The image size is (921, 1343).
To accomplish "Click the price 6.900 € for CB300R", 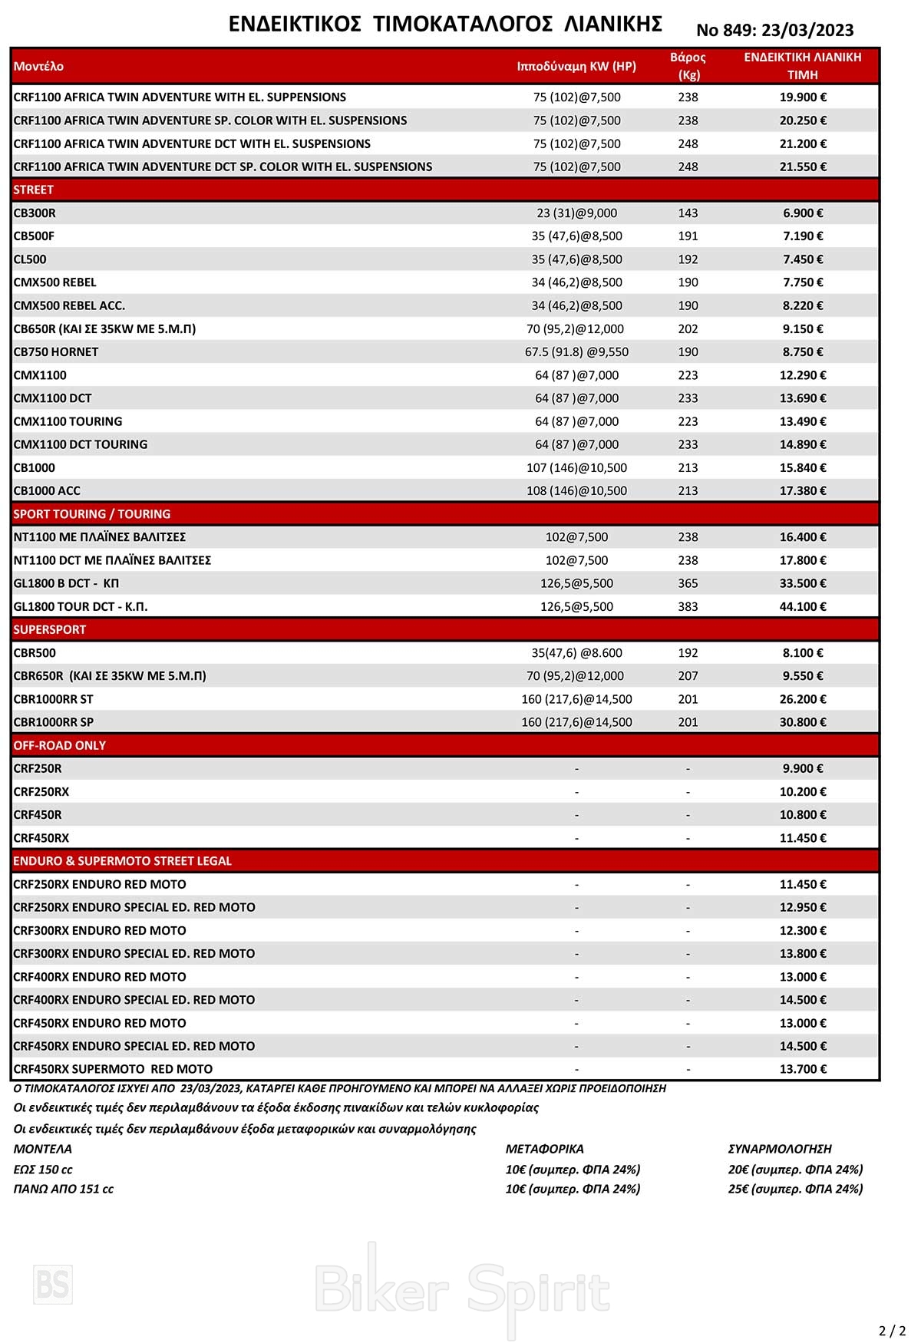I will click(x=803, y=213).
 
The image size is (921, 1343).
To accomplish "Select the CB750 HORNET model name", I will click(x=56, y=352).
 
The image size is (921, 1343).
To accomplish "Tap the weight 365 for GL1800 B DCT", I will click(x=688, y=583).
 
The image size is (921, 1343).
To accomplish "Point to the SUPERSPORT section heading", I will click(x=50, y=630).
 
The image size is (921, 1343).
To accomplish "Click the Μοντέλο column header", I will click(x=38, y=67).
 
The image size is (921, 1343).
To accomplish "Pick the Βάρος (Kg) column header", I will click(x=688, y=66).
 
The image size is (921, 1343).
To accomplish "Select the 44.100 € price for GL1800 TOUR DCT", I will click(x=803, y=607).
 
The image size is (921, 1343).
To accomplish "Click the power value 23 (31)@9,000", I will click(x=576, y=213).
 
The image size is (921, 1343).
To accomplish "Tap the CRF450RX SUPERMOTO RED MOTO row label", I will click(x=113, y=1069).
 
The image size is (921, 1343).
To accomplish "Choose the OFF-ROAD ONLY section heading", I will click(x=60, y=745).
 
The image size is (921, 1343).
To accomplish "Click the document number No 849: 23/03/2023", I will click(x=774, y=30).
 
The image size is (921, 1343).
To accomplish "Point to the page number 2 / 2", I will click(x=892, y=1331).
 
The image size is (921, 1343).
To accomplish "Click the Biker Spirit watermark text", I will click(x=462, y=1289).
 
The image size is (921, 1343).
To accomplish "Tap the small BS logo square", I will click(x=53, y=1284).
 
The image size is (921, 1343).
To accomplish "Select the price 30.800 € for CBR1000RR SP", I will click(x=803, y=722).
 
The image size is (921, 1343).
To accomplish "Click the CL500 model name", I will click(x=30, y=259).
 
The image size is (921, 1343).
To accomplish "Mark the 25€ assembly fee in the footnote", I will click(x=795, y=1189).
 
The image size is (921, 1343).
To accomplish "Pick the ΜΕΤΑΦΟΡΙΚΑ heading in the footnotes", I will click(x=544, y=1149).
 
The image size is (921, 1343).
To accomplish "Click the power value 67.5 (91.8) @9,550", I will click(x=576, y=352).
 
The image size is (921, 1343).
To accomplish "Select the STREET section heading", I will click(x=34, y=190).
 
